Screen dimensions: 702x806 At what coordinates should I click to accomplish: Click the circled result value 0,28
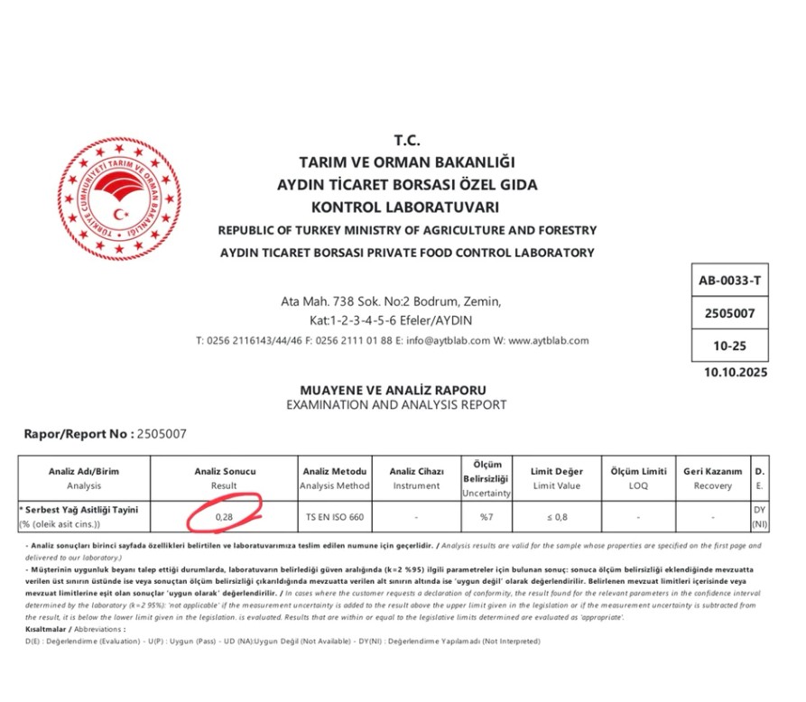(x=225, y=516)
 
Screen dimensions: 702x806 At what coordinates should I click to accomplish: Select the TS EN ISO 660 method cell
(x=334, y=517)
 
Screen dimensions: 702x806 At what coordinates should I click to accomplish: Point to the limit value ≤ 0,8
(x=558, y=517)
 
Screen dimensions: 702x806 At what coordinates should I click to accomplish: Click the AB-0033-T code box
(x=729, y=281)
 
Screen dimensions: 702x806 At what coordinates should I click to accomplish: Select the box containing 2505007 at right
(x=729, y=313)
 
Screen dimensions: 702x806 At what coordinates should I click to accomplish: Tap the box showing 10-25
(x=729, y=346)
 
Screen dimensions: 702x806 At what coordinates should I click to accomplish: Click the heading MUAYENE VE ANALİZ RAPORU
(x=396, y=389)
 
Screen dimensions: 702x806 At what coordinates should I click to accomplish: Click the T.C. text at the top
(x=407, y=141)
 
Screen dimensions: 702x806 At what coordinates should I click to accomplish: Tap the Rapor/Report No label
(x=78, y=434)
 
